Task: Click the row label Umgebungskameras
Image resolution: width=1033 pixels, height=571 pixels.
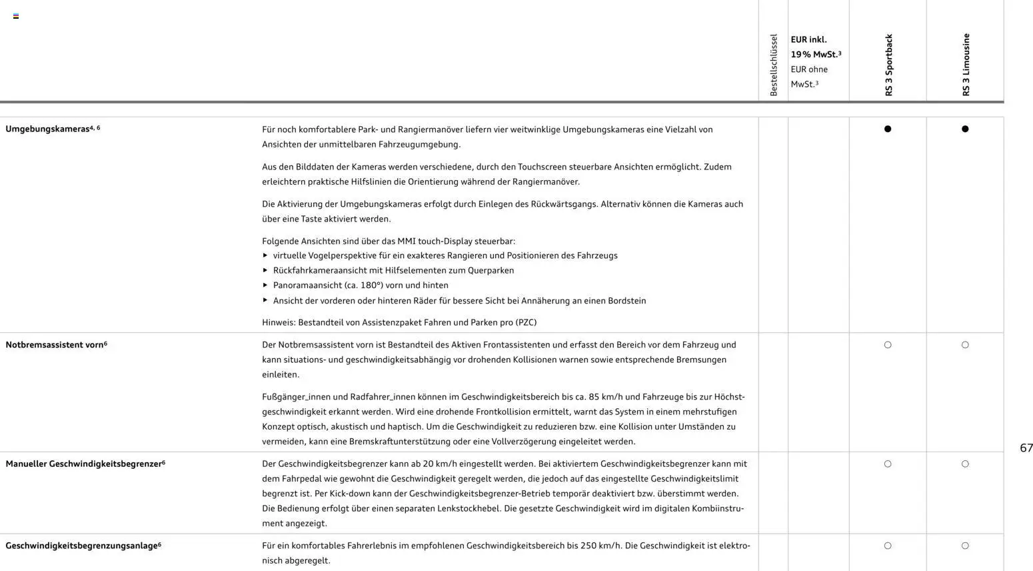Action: pyautogui.click(x=48, y=129)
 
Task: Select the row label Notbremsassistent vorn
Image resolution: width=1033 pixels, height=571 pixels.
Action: pyautogui.click(x=55, y=345)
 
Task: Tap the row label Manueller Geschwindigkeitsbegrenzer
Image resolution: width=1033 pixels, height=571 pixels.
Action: pyautogui.click(x=83, y=464)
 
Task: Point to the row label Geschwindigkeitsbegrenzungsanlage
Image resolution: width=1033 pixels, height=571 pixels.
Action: pyautogui.click(x=81, y=546)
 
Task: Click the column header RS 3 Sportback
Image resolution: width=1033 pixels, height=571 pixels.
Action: pyautogui.click(x=888, y=65)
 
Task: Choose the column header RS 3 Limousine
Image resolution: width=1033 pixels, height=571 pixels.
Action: pyautogui.click(x=966, y=65)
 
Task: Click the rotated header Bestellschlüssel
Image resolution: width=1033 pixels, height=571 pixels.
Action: pyautogui.click(x=773, y=65)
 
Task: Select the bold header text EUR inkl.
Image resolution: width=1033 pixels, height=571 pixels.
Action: pyautogui.click(x=808, y=40)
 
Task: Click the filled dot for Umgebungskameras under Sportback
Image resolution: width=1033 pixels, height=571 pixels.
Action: pyautogui.click(x=888, y=129)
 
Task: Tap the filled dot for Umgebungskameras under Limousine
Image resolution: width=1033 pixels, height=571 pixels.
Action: pyautogui.click(x=965, y=129)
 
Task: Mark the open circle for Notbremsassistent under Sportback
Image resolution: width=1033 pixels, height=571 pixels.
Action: pyautogui.click(x=888, y=345)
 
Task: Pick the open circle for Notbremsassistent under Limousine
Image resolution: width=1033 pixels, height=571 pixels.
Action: pyautogui.click(x=965, y=345)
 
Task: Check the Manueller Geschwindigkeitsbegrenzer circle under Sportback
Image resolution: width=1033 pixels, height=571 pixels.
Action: pyautogui.click(x=888, y=464)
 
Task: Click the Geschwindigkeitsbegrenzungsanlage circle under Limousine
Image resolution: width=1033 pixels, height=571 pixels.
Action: pyautogui.click(x=965, y=546)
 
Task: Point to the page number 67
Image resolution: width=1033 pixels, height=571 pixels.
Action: pyautogui.click(x=1026, y=448)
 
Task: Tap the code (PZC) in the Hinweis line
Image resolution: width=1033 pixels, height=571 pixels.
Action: pyautogui.click(x=526, y=323)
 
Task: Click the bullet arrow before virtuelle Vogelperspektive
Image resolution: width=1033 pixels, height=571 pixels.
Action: pyautogui.click(x=265, y=255)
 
